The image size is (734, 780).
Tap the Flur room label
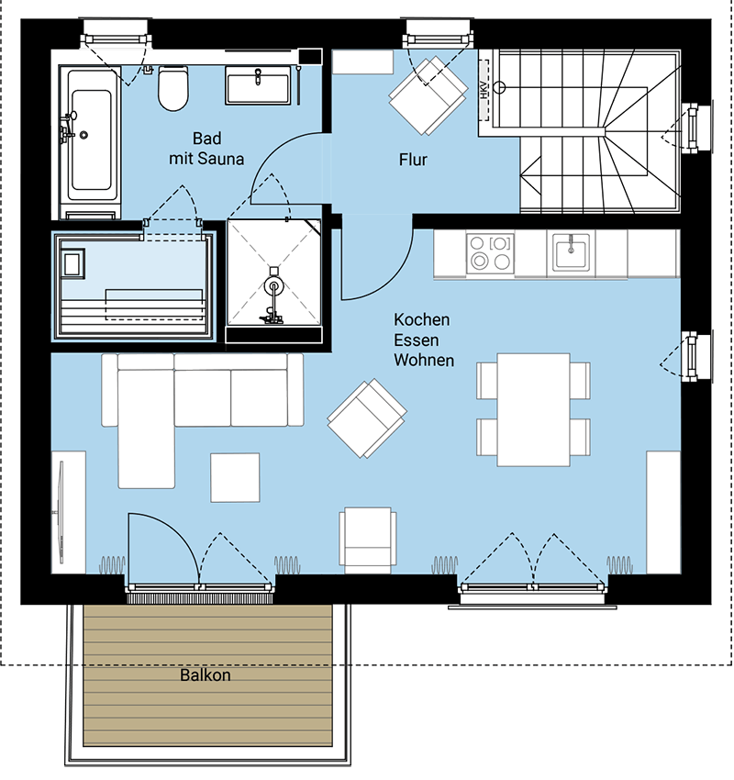coord(413,160)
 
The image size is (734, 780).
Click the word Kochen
coord(422,320)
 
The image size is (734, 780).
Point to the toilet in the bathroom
coord(173,88)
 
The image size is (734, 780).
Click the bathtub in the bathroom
coord(90,141)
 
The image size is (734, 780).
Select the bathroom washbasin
coord(258,85)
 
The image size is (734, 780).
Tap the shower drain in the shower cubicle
coord(273,286)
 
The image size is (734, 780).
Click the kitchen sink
coord(571,251)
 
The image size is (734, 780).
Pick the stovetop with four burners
coord(490,252)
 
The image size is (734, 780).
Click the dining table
coord(534,410)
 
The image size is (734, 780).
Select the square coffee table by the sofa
coord(235,477)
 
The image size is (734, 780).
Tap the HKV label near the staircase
coord(484,90)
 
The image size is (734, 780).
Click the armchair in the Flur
coord(428,95)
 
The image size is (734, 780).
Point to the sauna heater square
coord(72,263)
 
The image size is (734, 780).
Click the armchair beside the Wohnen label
coord(367,418)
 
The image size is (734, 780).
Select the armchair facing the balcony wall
coord(368,536)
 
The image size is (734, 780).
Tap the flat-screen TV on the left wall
coord(61,512)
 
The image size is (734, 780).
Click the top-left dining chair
coord(487,381)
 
